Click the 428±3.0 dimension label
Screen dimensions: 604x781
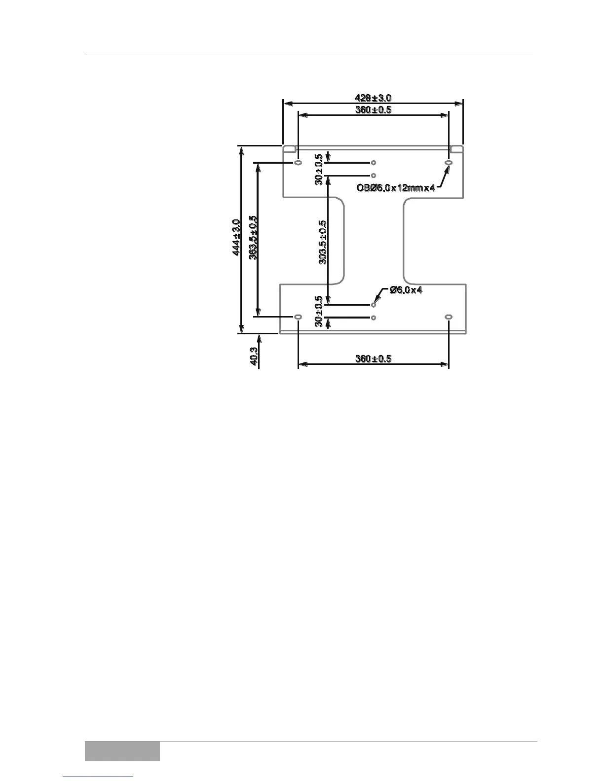point(373,98)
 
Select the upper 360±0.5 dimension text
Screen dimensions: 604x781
point(373,110)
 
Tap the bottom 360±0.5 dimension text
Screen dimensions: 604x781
point(373,359)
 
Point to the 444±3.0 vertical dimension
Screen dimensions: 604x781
point(236,238)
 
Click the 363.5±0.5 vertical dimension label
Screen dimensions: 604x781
point(253,238)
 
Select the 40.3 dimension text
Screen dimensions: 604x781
point(254,356)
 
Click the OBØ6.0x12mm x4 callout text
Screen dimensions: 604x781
point(396,188)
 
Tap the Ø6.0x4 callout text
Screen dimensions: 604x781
point(406,290)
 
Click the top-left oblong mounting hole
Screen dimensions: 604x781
point(298,163)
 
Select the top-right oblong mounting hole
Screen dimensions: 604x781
point(449,163)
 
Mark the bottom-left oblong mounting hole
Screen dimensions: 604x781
point(298,317)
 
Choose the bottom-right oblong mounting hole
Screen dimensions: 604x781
point(449,317)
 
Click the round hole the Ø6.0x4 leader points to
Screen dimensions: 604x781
point(374,305)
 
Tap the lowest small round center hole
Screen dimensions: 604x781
point(374,318)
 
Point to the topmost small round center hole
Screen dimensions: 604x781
point(374,162)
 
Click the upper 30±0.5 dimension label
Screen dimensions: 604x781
point(319,169)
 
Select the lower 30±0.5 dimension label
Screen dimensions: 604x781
point(319,311)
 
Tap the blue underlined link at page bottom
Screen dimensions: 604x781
point(98,778)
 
